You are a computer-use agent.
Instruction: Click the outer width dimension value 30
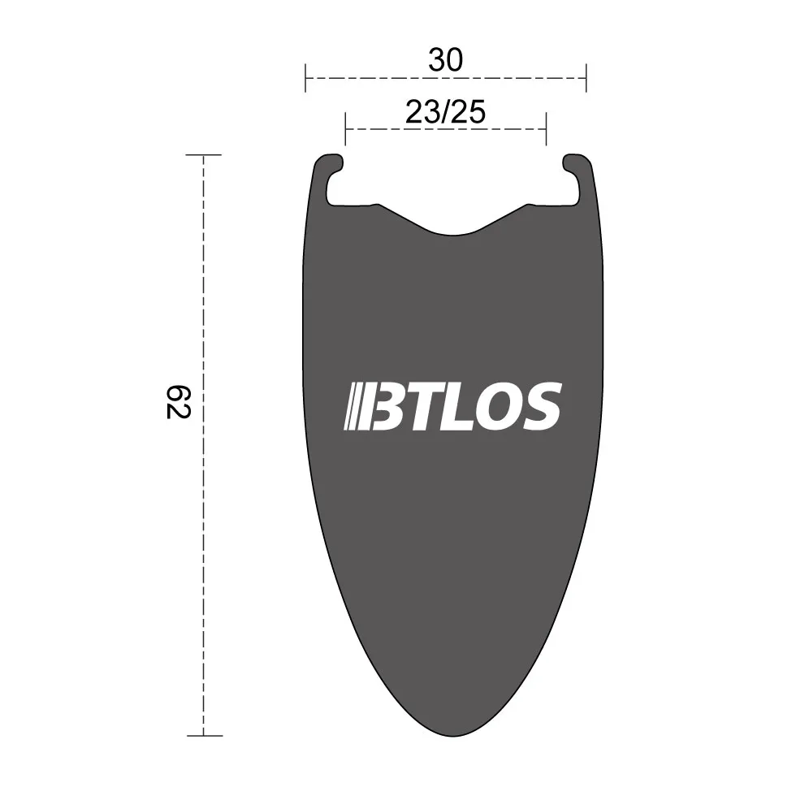coord(445,61)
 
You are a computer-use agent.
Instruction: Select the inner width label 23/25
coord(445,113)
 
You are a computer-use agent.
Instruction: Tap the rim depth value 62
coord(178,401)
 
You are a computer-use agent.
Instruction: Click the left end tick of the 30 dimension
coord(305,79)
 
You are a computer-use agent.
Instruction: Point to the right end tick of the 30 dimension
coord(586,79)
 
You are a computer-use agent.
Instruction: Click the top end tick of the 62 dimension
coord(203,154)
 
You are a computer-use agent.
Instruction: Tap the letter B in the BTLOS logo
coord(387,406)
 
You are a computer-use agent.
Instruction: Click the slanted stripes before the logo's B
coord(355,406)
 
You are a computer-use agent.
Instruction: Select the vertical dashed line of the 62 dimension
coord(203,528)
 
